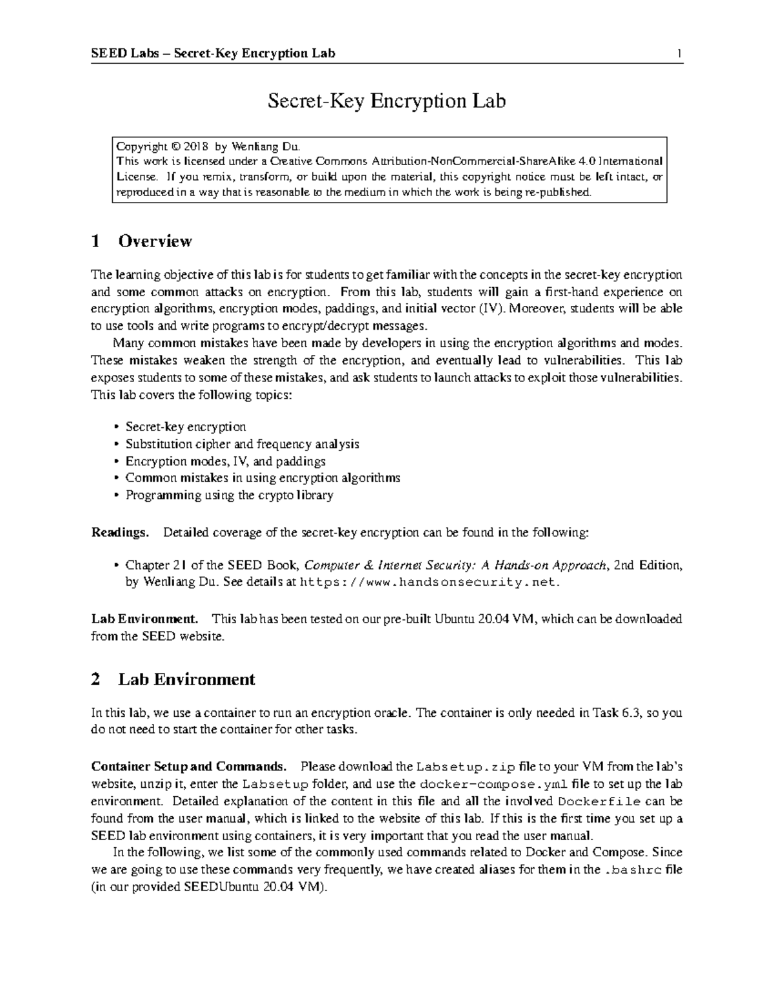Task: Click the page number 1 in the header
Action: (679, 53)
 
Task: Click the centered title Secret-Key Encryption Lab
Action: (386, 101)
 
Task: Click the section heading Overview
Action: (155, 241)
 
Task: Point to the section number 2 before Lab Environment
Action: (96, 679)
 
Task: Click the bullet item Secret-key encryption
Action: (186, 426)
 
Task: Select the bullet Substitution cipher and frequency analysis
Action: (242, 444)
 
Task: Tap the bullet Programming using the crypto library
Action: (229, 495)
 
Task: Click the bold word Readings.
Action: (120, 533)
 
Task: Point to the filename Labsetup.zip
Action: (466, 767)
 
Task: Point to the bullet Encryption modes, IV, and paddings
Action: (225, 461)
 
